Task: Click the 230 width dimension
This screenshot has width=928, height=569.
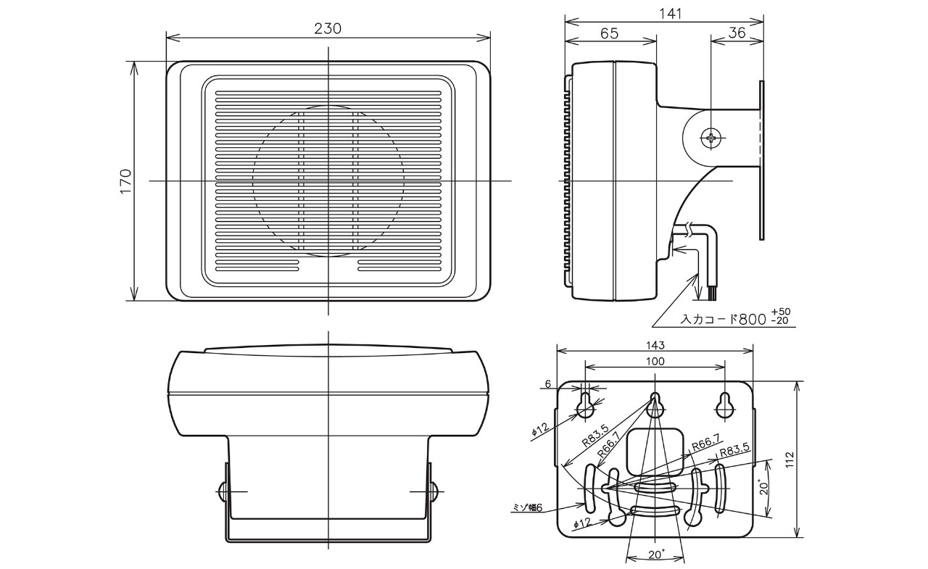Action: click(x=328, y=29)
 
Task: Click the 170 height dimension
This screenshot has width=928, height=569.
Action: click(x=126, y=181)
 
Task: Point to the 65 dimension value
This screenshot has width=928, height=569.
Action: click(x=610, y=33)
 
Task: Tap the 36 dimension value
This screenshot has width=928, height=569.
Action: click(x=737, y=33)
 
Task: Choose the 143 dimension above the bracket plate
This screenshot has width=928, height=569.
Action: click(x=655, y=346)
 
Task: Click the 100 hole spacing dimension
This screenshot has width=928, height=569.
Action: click(x=655, y=361)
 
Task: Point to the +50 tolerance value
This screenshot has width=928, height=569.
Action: click(x=781, y=312)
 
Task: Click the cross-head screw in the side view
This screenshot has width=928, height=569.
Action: click(x=711, y=136)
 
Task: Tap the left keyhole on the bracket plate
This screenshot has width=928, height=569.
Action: click(x=586, y=406)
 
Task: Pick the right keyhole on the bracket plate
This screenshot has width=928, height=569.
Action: click(x=725, y=406)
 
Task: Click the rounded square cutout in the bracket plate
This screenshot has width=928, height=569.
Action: click(x=654, y=449)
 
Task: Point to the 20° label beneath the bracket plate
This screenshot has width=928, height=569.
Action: click(x=655, y=554)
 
